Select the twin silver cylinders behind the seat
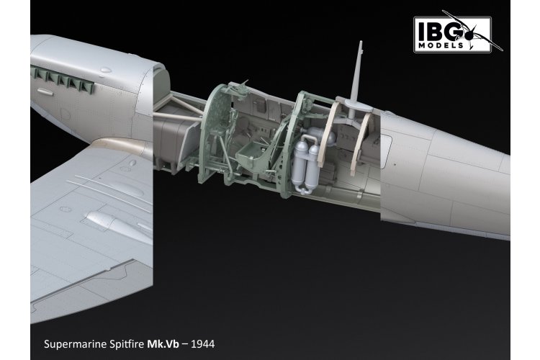point(307,162)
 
